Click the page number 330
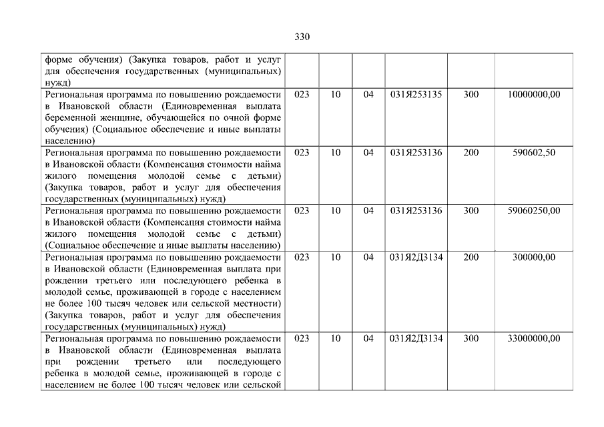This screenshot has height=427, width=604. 302,37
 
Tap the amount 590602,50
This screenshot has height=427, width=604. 534,153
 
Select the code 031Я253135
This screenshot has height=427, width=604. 416,95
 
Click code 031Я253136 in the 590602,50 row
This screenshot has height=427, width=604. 416,153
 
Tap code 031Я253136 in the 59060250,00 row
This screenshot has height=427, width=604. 416,211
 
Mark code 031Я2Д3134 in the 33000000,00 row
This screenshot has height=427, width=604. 416,339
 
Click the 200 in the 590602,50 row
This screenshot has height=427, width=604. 471,153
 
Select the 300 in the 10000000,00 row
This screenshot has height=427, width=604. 471,95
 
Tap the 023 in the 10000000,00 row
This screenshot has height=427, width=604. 302,95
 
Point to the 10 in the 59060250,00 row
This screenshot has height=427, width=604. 336,211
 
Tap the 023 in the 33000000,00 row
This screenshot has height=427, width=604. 302,339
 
